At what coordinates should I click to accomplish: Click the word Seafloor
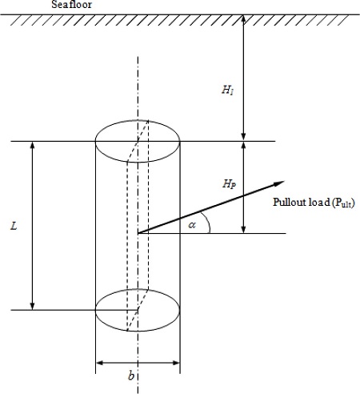pos(71,5)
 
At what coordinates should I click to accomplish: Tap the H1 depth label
pos(228,90)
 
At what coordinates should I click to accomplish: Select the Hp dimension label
pos(229,184)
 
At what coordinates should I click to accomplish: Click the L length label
pos(14,226)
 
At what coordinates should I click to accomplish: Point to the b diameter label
pos(131,376)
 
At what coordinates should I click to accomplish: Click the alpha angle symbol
pos(192,225)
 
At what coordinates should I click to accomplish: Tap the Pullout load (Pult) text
pos(314,203)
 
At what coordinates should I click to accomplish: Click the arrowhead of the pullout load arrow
pos(279,183)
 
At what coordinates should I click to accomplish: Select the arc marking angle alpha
pos(207,223)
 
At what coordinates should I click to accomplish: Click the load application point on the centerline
pos(138,233)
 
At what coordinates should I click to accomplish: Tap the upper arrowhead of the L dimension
pos(33,144)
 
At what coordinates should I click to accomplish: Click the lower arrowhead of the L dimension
pos(33,307)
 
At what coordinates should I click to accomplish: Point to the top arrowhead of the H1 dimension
pos(243,18)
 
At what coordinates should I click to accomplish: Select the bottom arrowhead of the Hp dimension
pos(243,230)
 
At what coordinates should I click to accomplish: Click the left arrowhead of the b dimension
pos(99,363)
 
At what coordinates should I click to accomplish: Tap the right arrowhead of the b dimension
pos(176,363)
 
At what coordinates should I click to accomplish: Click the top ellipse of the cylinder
pos(138,120)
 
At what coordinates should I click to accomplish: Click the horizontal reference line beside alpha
pos(212,234)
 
